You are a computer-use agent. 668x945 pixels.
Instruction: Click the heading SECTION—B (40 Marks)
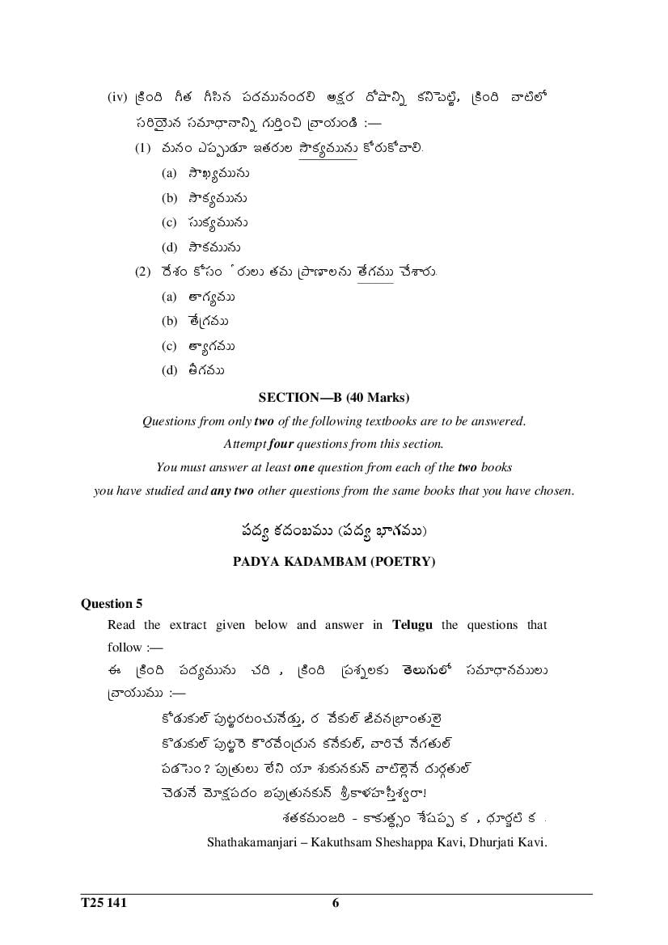(333, 397)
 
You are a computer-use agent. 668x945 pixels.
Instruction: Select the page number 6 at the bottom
(335, 903)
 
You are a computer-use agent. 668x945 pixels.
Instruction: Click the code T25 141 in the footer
(104, 903)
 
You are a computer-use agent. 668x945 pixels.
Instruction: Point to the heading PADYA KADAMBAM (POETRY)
(333, 562)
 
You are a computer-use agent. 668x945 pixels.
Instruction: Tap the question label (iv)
(118, 97)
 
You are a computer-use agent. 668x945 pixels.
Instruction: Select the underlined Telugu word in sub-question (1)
(328, 149)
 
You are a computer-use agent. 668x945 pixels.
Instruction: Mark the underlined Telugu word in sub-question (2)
(374, 272)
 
